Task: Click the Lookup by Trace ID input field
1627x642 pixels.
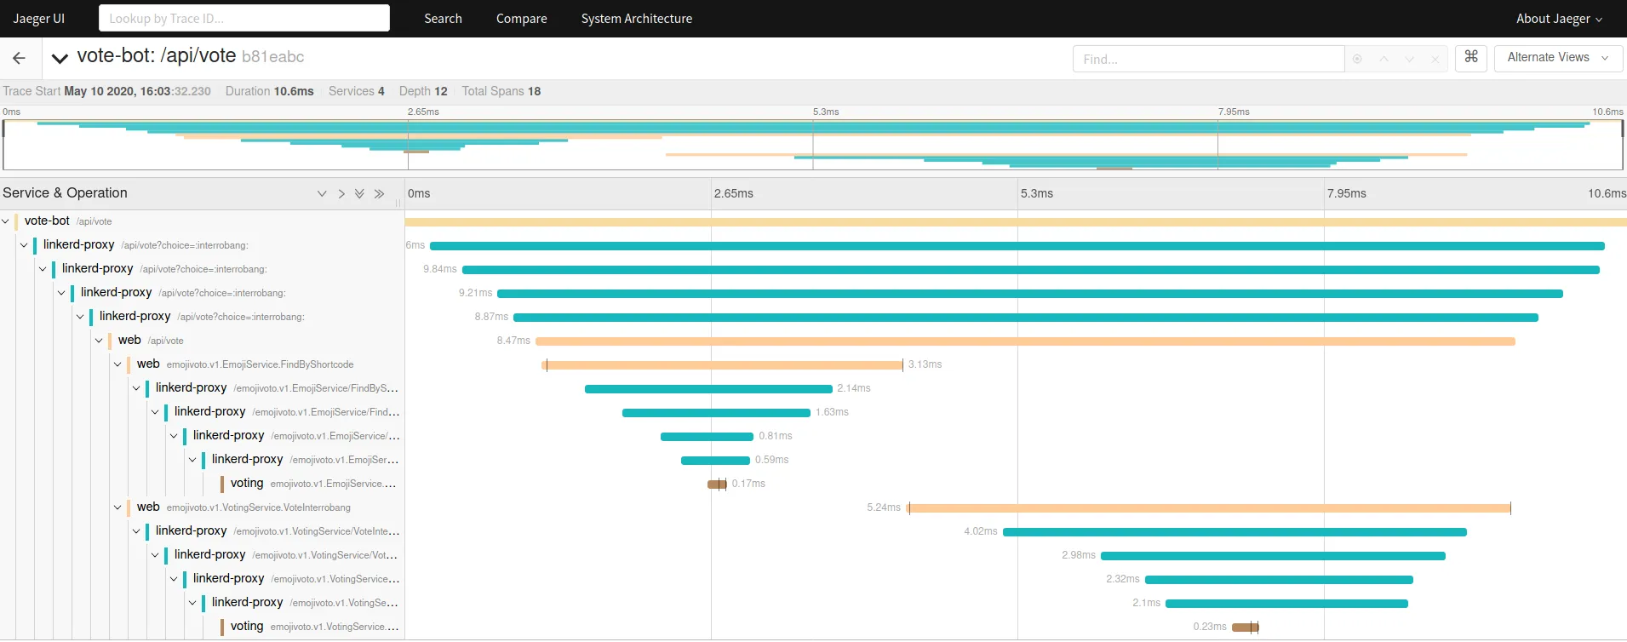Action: tap(243, 18)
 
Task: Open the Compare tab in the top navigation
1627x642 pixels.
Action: tap(521, 18)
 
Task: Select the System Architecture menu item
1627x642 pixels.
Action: tap(636, 18)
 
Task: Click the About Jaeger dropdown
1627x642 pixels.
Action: tap(1558, 18)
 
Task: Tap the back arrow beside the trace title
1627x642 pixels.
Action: tap(19, 58)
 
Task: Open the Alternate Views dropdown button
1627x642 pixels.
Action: tap(1557, 57)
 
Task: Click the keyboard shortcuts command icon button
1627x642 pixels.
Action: tap(1470, 57)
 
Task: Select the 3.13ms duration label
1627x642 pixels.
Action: tap(925, 364)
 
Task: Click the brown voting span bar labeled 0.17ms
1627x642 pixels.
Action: tap(717, 484)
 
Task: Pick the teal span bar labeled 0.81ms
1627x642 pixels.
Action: tap(707, 437)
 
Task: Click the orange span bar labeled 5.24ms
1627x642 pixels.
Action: tap(1209, 508)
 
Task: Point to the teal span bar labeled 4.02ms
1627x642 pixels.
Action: tap(1235, 532)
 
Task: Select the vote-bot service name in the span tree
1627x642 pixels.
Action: tap(47, 221)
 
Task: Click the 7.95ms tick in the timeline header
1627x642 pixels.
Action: tap(1346, 193)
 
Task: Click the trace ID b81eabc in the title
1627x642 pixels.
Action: tap(272, 57)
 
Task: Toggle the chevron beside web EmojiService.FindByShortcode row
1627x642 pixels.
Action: tap(117, 364)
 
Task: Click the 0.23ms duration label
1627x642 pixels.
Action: tap(1209, 627)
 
